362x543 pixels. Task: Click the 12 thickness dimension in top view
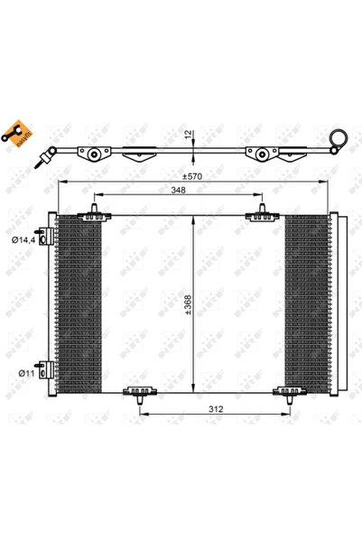pyautogui.click(x=185, y=135)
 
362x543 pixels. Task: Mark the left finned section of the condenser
pyautogui.click(x=79, y=303)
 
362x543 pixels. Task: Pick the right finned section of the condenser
pyautogui.click(x=306, y=303)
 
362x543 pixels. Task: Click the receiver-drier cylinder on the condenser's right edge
pyautogui.click(x=335, y=303)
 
